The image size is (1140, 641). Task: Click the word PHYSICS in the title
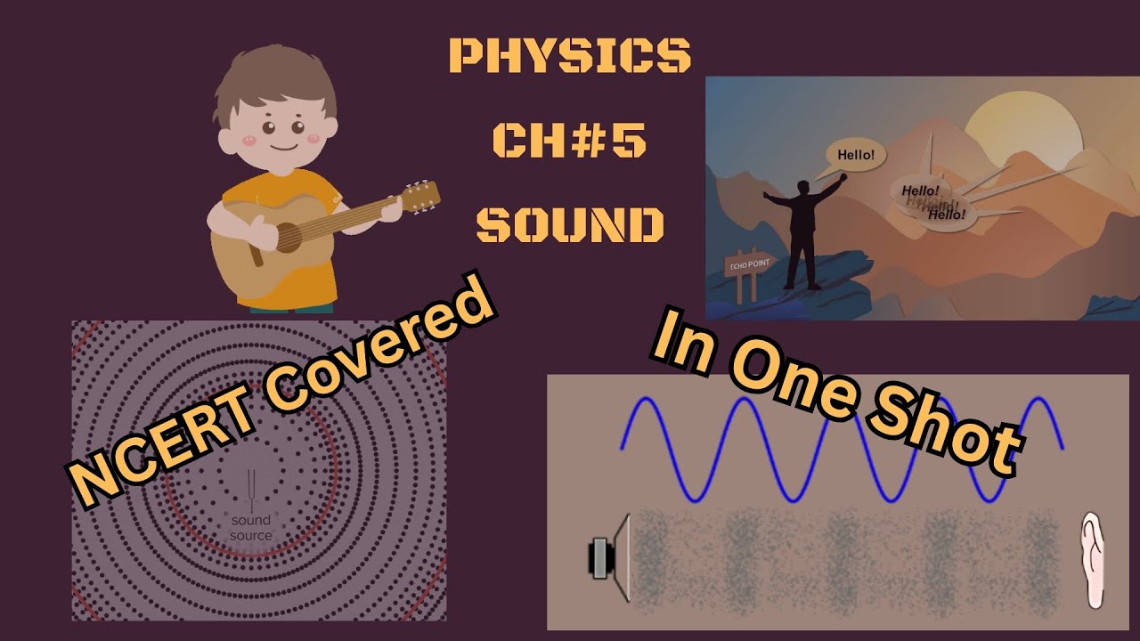(570, 56)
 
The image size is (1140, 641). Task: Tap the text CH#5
(570, 140)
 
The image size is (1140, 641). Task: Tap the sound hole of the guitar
(288, 237)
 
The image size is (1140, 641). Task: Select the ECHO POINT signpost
(749, 264)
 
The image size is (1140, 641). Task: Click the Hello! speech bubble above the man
(856, 156)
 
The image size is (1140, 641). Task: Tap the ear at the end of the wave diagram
(1092, 560)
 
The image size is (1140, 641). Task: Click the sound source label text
(250, 528)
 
